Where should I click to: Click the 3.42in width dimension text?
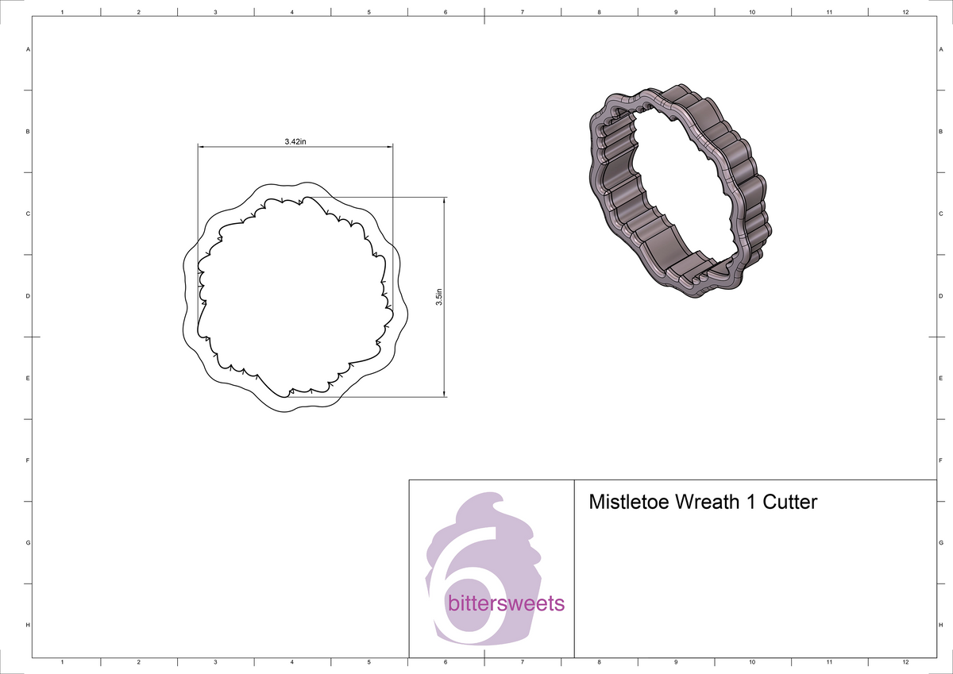click(x=295, y=141)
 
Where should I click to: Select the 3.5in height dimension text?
click(x=438, y=298)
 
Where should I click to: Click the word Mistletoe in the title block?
click(x=630, y=503)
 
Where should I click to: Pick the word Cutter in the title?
click(x=790, y=503)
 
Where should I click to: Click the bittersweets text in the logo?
click(x=506, y=603)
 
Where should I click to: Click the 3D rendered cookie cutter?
click(x=679, y=191)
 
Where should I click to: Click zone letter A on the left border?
click(x=29, y=49)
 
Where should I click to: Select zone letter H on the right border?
click(x=939, y=626)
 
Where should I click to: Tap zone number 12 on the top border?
click(x=905, y=13)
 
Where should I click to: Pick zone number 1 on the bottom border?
click(x=62, y=661)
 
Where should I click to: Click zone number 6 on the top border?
click(x=446, y=13)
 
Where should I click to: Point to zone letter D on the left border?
click(x=29, y=296)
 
